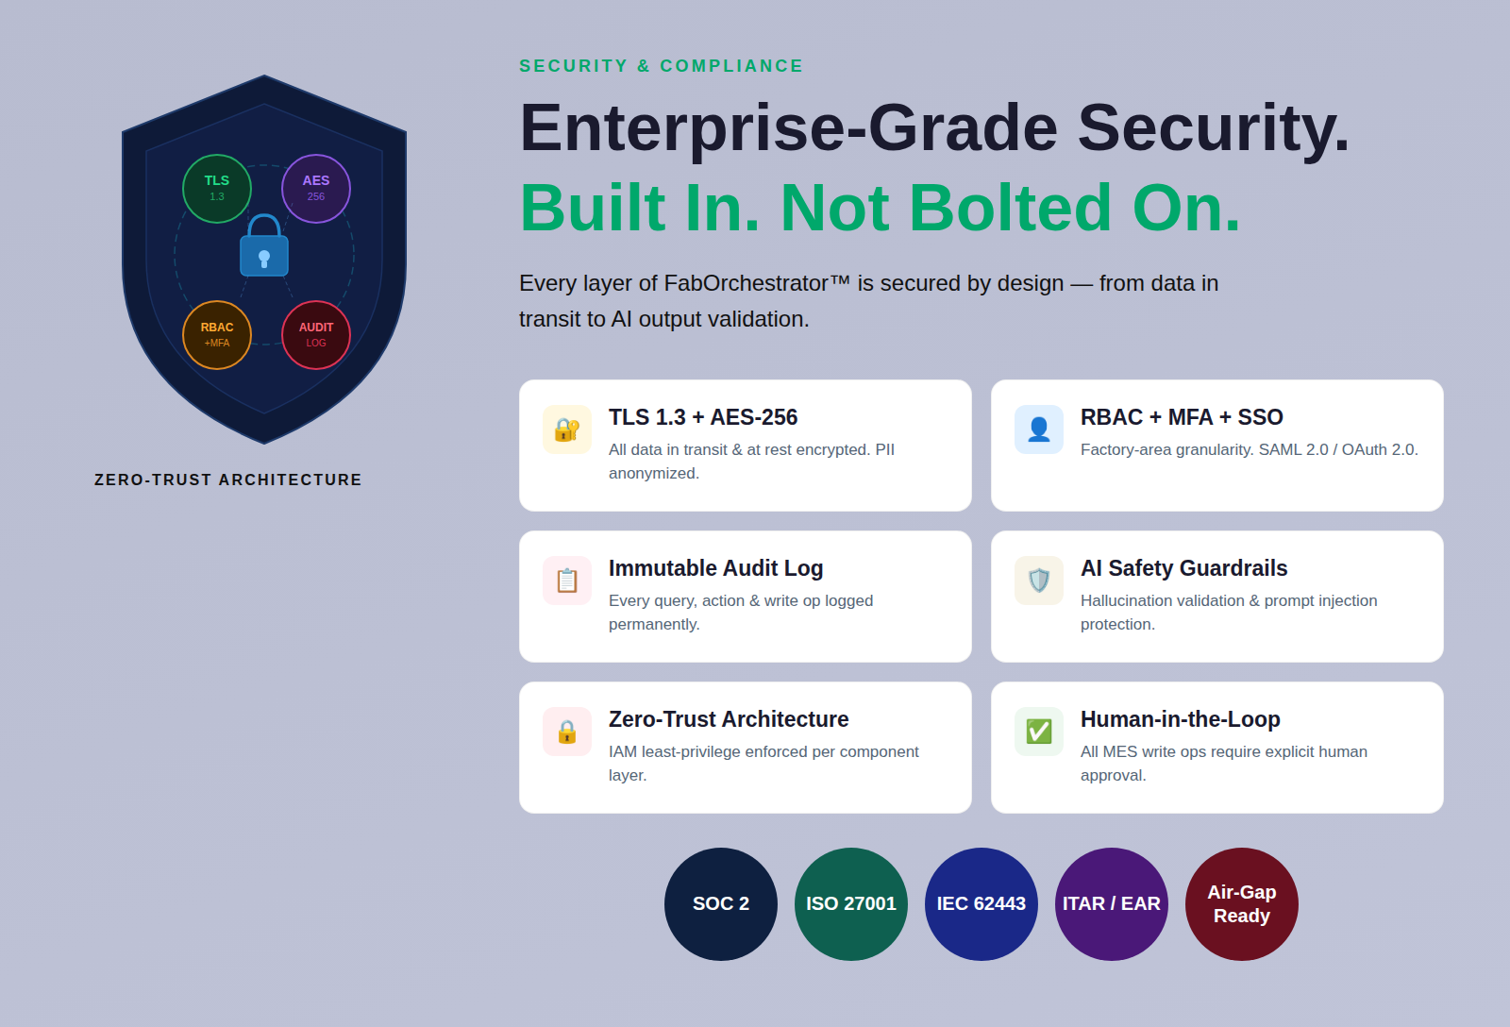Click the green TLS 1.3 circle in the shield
click(x=217, y=189)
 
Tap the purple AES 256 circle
click(x=316, y=189)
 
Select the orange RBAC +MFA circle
click(x=217, y=335)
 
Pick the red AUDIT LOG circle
click(x=316, y=335)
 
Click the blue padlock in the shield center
click(x=264, y=246)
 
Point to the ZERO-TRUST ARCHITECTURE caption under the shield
click(x=227, y=480)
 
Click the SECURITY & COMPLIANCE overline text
click(x=662, y=66)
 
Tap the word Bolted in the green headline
click(x=1011, y=208)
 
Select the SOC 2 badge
click(x=721, y=903)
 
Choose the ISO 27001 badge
click(x=850, y=903)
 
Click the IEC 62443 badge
click(x=981, y=903)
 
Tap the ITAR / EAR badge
click(x=1111, y=903)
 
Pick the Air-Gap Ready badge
click(x=1242, y=903)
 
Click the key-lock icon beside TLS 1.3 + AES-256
click(x=567, y=429)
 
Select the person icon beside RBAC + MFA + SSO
click(x=1039, y=429)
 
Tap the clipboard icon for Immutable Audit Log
click(x=567, y=581)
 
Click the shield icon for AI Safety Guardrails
click(x=1039, y=581)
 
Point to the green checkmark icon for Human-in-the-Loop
click(x=1039, y=732)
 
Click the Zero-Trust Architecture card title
click(x=729, y=719)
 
